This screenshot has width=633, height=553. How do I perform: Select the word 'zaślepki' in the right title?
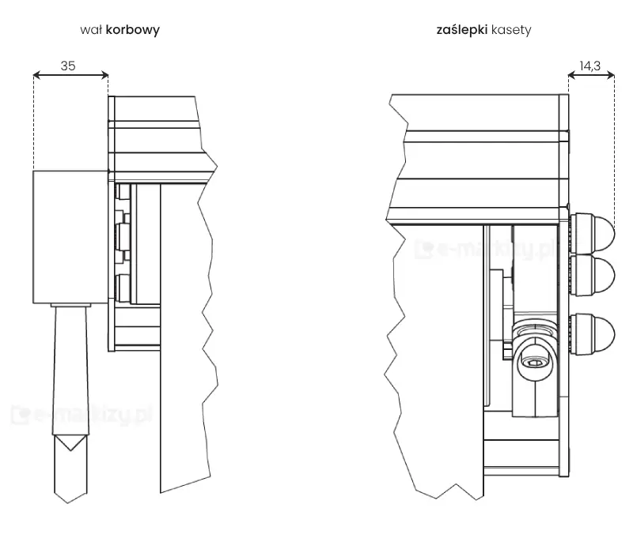(461, 31)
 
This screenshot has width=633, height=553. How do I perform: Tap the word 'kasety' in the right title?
(510, 31)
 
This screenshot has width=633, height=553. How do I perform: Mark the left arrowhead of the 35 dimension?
(37, 76)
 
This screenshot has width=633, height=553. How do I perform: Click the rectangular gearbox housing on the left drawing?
(70, 237)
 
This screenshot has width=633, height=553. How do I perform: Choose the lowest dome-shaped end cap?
(593, 333)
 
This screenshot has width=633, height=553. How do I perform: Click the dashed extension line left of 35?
(33, 126)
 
